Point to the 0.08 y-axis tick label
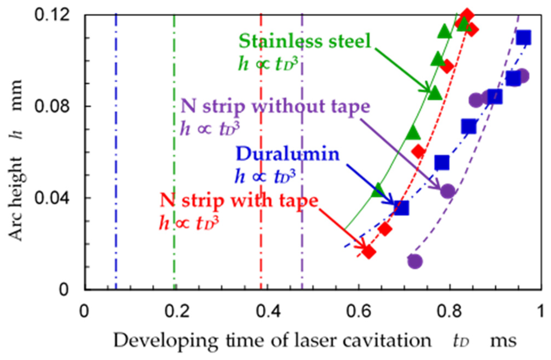pos(52,106)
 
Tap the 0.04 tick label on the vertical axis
pos(52,198)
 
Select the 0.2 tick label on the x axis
pos(176,311)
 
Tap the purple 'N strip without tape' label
pos(275,106)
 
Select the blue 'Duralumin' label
pos(288,154)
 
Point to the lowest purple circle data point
pos(415,261)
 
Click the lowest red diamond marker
pos(369,252)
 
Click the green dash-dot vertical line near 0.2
pos(174,165)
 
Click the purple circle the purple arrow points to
pos(448,191)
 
